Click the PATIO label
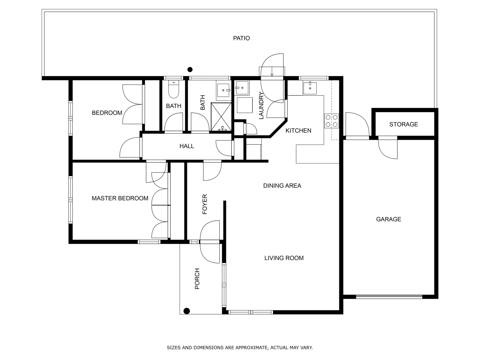[241, 38]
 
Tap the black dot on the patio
[190, 70]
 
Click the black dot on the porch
[187, 311]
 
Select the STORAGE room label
[403, 124]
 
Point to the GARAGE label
[388, 219]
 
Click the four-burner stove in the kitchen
[331, 121]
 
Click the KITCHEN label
[298, 131]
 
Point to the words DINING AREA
[282, 186]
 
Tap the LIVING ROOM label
[284, 258]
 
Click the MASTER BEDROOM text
[120, 198]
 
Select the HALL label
[187, 146]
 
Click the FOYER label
[205, 204]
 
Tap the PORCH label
[197, 279]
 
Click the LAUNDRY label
[261, 105]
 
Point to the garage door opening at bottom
[389, 296]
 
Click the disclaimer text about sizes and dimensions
[240, 348]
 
